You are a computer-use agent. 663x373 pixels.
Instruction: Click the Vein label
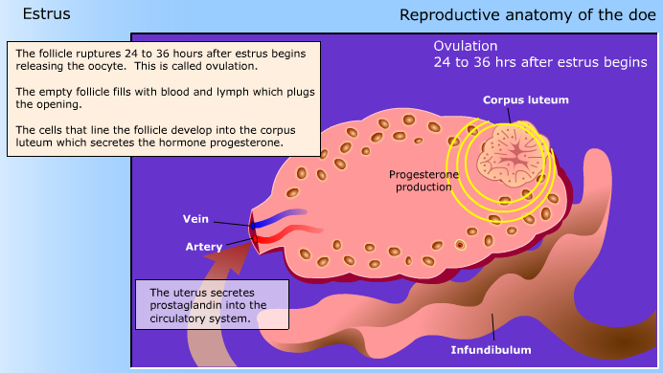coord(195,218)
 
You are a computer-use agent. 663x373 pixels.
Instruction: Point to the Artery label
coord(203,247)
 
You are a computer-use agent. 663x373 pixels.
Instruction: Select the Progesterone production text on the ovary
coord(420,181)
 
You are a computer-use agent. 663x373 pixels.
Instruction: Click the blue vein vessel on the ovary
coord(283,214)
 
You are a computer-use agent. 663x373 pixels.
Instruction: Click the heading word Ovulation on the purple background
coord(466,47)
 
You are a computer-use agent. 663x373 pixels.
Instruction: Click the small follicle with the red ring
coord(459,245)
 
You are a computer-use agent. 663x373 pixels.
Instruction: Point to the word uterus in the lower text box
coord(180,292)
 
